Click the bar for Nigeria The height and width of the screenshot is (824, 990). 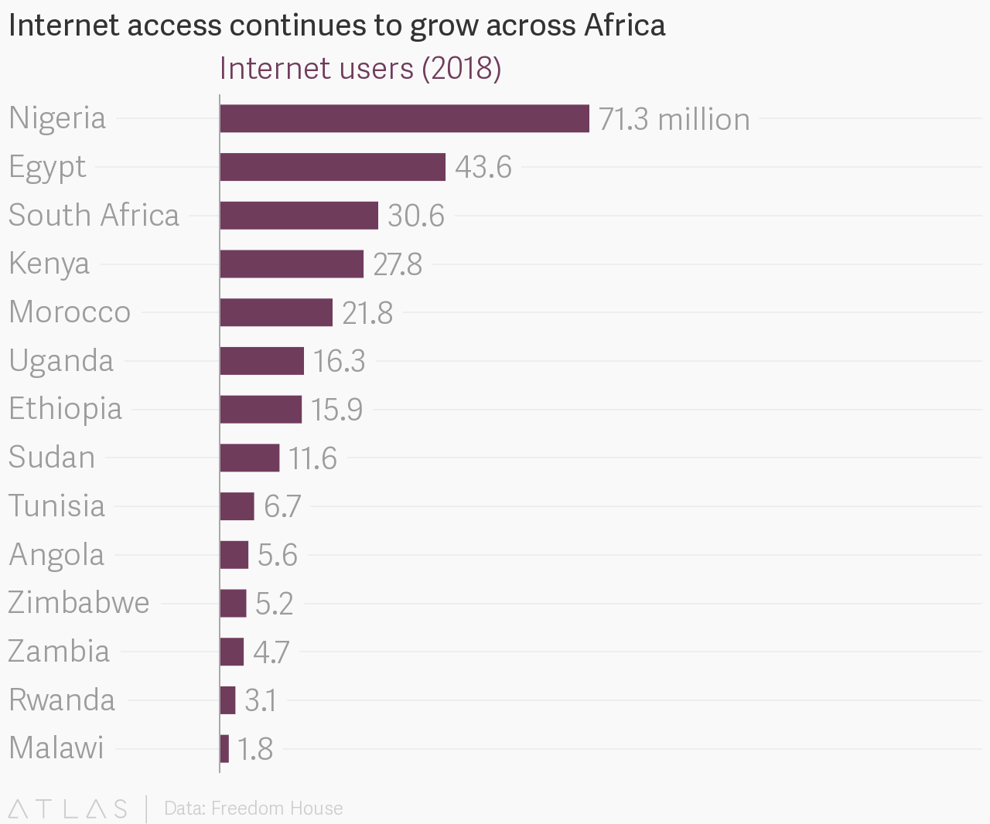pyautogui.click(x=404, y=118)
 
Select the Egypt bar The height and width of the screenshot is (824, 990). pyautogui.click(x=333, y=167)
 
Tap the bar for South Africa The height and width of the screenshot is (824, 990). pyautogui.click(x=299, y=216)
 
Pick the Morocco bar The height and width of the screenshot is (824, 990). pyautogui.click(x=275, y=312)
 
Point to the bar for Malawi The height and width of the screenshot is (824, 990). pyautogui.click(x=224, y=749)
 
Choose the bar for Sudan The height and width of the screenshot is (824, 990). pyautogui.click(x=249, y=458)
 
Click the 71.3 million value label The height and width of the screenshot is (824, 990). pyautogui.click(x=674, y=120)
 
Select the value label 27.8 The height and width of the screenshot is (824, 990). pyautogui.click(x=398, y=264)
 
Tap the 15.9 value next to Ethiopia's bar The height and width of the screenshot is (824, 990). pyautogui.click(x=336, y=410)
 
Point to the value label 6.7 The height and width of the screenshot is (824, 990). pyautogui.click(x=282, y=506)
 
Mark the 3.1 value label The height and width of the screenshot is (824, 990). pyautogui.click(x=261, y=700)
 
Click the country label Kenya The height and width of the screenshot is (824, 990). pyautogui.click(x=49, y=264)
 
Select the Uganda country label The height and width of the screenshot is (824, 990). pyautogui.click(x=61, y=361)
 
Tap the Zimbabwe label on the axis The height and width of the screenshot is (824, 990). pyautogui.click(x=78, y=603)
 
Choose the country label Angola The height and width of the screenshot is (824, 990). pyautogui.click(x=56, y=555)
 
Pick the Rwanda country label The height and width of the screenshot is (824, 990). pyautogui.click(x=62, y=700)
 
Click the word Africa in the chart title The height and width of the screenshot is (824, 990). pyautogui.click(x=625, y=26)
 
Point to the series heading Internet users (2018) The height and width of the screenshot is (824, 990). pyautogui.click(x=360, y=69)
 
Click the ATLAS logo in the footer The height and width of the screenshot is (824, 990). pyautogui.click(x=67, y=809)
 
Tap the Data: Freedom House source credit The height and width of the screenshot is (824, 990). pyautogui.click(x=254, y=809)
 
